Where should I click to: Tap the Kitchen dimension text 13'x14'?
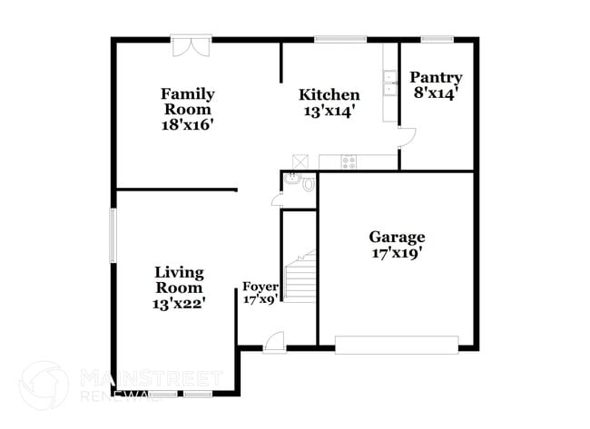(x=329, y=111)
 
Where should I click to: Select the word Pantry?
(x=437, y=78)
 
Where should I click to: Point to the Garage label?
(x=397, y=238)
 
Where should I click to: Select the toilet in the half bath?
(x=308, y=184)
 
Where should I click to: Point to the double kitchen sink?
(x=389, y=83)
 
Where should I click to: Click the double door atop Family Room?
(x=192, y=45)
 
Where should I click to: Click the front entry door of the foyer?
(x=273, y=343)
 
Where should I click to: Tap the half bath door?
(x=276, y=200)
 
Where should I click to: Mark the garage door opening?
(x=397, y=346)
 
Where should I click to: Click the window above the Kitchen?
(x=340, y=39)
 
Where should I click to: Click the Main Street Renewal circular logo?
(x=43, y=385)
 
